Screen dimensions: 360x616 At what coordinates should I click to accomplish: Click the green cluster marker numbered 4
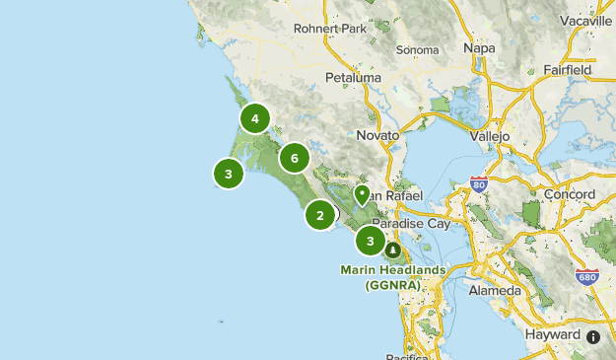click(x=255, y=119)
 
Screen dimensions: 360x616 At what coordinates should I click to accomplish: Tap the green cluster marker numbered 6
click(x=294, y=157)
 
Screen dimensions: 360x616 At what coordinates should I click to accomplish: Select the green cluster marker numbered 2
click(x=320, y=214)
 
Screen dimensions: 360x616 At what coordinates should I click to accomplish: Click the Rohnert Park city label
click(x=330, y=29)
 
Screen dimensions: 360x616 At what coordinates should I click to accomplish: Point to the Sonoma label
click(x=417, y=49)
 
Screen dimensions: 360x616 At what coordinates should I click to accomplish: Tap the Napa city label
click(x=479, y=47)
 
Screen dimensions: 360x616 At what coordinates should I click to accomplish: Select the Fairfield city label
click(x=567, y=71)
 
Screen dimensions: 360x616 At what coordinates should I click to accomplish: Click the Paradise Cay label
click(x=411, y=224)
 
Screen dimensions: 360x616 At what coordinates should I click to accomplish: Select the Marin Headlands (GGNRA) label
click(x=393, y=277)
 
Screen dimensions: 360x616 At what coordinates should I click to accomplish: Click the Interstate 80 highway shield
click(x=479, y=183)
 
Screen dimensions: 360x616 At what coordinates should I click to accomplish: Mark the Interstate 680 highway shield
click(x=587, y=277)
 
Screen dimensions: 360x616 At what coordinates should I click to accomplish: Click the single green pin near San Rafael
click(x=362, y=195)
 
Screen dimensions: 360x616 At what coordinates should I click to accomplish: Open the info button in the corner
click(x=593, y=337)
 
